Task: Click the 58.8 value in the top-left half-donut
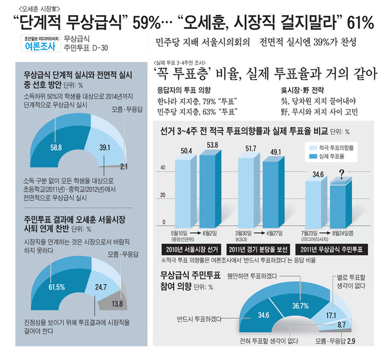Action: [56, 148]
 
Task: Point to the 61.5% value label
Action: [57, 287]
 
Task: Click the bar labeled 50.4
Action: [186, 189]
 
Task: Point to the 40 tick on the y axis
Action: [163, 167]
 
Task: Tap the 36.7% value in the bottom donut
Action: [300, 306]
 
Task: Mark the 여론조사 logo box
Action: [40, 47]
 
